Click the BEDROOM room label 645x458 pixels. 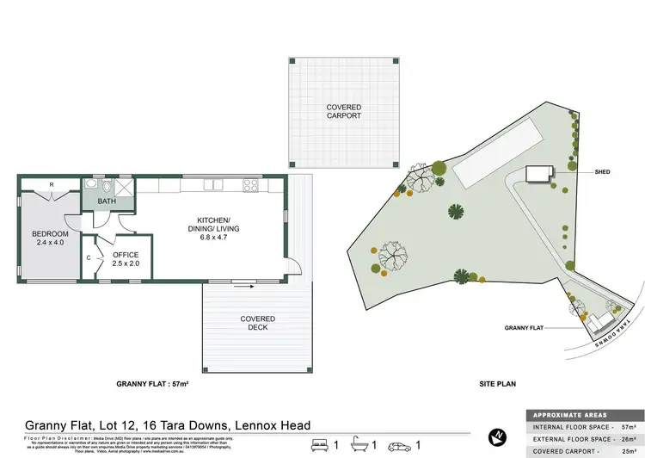(x=49, y=233)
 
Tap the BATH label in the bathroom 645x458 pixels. (x=107, y=202)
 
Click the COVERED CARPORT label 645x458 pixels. (x=343, y=112)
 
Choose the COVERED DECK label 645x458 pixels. (x=257, y=323)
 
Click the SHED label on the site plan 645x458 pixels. (x=601, y=172)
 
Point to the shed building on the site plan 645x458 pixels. (x=537, y=174)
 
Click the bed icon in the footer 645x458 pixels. (x=320, y=445)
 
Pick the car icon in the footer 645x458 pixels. (x=401, y=445)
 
